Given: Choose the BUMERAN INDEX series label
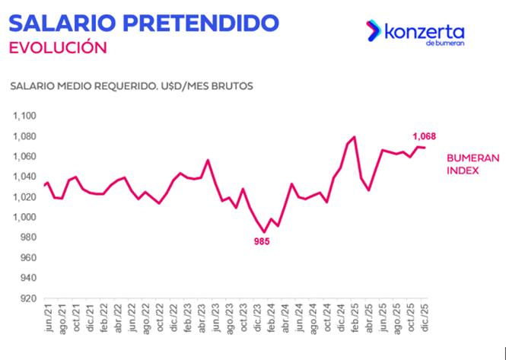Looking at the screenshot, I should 473,164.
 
